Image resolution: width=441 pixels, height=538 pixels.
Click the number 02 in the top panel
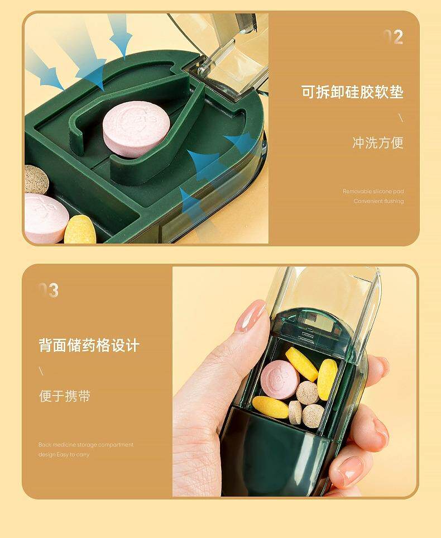pyautogui.click(x=393, y=37)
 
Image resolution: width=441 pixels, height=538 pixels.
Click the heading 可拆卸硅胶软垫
pyautogui.click(x=352, y=92)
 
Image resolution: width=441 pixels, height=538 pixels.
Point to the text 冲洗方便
pyautogui.click(x=377, y=143)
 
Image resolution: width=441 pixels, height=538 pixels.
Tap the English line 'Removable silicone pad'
pyautogui.click(x=373, y=192)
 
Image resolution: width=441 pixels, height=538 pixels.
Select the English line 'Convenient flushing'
pyautogui.click(x=378, y=201)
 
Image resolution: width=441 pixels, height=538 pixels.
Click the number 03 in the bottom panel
pyautogui.click(x=49, y=291)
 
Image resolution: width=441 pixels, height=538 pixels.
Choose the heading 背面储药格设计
pyautogui.click(x=89, y=345)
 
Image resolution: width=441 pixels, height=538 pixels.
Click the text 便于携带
pyautogui.click(x=64, y=396)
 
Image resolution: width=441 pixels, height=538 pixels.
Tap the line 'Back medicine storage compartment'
pyautogui.click(x=86, y=445)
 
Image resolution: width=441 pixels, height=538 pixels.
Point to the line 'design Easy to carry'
pyautogui.click(x=64, y=455)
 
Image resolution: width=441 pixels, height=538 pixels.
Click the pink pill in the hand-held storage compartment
pyautogui.click(x=279, y=378)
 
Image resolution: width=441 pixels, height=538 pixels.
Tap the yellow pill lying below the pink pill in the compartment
pyautogui.click(x=270, y=407)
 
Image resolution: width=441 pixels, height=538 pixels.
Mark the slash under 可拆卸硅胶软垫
pyautogui.click(x=400, y=118)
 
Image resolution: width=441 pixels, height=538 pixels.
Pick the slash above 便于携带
pyautogui.click(x=41, y=371)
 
